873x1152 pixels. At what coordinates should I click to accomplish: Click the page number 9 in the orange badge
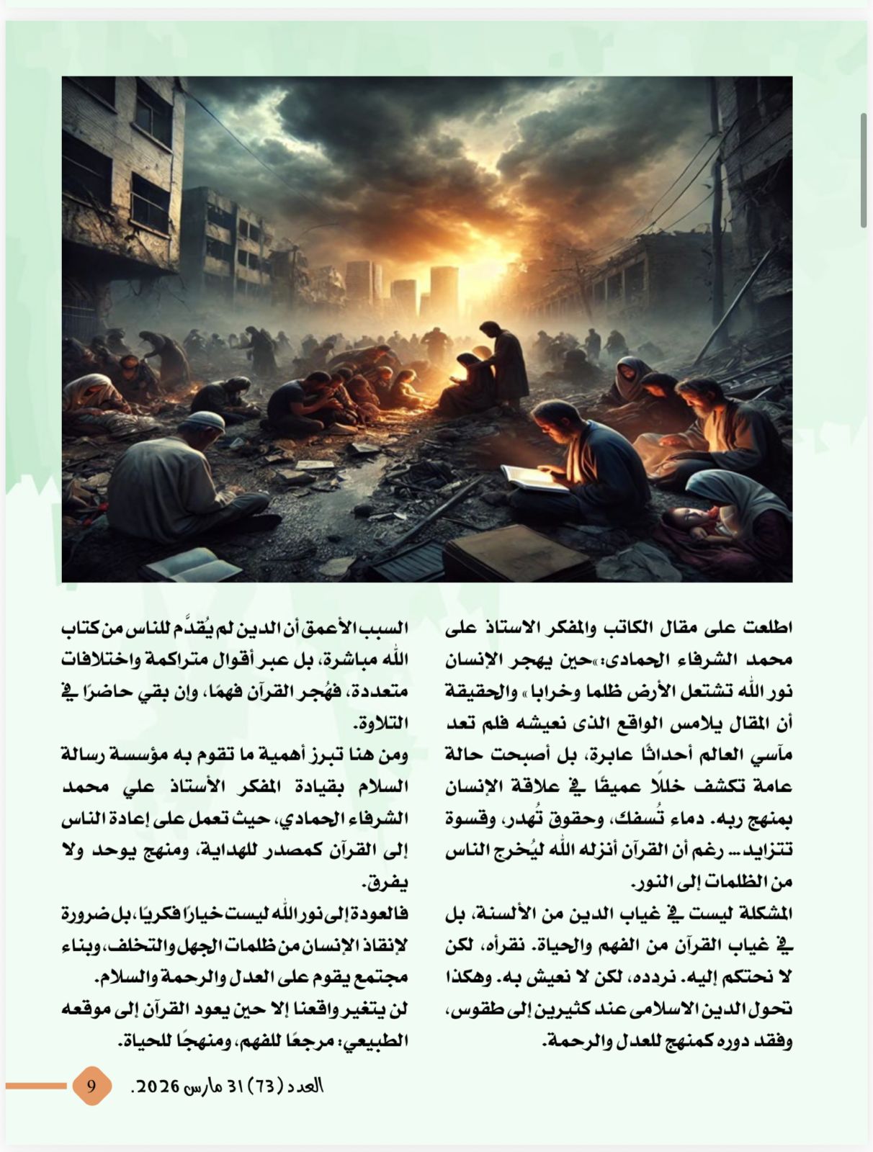(x=91, y=1085)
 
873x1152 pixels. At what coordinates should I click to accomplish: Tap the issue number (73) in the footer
(x=266, y=1085)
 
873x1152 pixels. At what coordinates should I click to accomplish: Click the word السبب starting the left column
(x=387, y=628)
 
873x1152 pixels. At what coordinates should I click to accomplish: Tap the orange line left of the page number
(x=36, y=1085)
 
